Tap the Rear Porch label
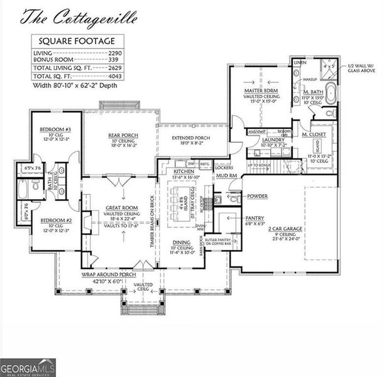click(x=123, y=136)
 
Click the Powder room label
click(x=257, y=197)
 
